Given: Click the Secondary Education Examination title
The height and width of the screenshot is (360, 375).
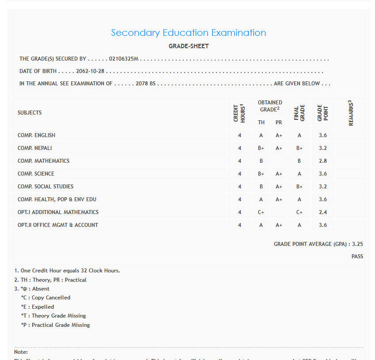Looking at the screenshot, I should [189, 33].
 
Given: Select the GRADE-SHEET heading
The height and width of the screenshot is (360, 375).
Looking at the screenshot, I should [189, 46].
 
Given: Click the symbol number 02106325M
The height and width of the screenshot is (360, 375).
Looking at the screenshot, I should [124, 59].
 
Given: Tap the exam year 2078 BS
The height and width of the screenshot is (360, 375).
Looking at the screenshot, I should [146, 84].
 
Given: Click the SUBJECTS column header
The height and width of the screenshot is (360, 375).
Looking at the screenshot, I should [30, 113].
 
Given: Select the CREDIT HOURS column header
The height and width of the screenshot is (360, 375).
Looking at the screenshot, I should [239, 113].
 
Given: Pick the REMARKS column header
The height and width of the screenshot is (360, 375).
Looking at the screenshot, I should [351, 113].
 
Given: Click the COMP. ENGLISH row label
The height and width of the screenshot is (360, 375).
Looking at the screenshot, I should [36, 135].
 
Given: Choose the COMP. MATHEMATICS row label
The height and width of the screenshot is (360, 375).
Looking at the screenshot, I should [43, 161].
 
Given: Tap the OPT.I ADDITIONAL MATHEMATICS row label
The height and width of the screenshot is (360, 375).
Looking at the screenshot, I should [58, 212].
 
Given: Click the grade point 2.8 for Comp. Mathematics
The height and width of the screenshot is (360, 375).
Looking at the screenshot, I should [323, 161].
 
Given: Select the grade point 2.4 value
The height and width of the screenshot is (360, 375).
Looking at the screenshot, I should [323, 212].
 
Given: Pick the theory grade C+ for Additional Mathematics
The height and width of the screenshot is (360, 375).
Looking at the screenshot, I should [261, 212].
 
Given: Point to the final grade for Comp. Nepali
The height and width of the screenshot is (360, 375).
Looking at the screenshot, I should [299, 148].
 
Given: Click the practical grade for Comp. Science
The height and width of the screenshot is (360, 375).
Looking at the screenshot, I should [279, 174].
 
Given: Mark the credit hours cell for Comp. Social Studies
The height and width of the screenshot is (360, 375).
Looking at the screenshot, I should [240, 187].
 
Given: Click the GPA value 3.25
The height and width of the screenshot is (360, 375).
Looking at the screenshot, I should [358, 244].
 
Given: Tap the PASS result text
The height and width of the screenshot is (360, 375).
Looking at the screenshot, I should [357, 257].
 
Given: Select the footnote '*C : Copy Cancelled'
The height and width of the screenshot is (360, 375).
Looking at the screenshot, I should [45, 298].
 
